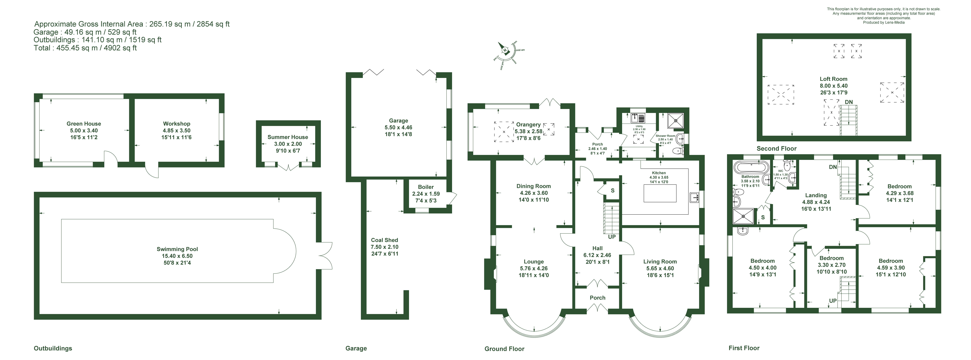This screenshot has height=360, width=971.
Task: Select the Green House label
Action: tap(84, 124)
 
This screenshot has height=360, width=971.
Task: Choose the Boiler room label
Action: tap(426, 187)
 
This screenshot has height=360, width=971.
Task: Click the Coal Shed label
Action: tap(384, 240)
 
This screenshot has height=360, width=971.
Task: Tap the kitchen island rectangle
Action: tap(660, 193)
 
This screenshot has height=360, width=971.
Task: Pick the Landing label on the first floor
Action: tap(816, 195)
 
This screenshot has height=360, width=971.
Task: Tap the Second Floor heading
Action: tap(776, 148)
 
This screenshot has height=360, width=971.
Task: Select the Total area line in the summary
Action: tap(85, 48)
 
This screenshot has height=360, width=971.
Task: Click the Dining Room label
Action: tap(533, 186)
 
